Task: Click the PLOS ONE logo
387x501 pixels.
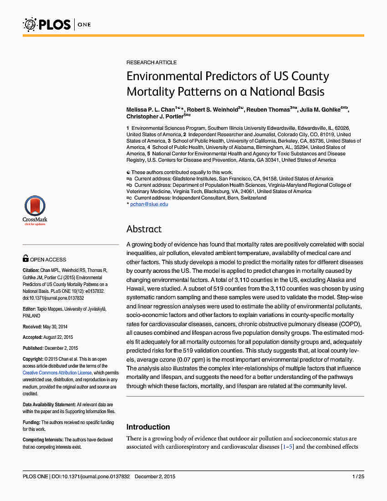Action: pyautogui.click(x=57, y=24)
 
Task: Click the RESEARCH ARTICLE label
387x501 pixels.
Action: pyautogui.click(x=152, y=62)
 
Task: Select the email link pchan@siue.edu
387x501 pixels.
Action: pyautogui.click(x=149, y=204)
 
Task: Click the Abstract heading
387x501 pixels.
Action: pyautogui.click(x=144, y=229)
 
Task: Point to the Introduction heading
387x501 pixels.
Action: pyautogui.click(x=148, y=427)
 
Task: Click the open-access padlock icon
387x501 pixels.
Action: pyautogui.click(x=25, y=259)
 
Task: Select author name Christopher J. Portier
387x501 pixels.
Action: pyautogui.click(x=153, y=117)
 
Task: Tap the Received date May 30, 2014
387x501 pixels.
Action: pyautogui.click(x=54, y=327)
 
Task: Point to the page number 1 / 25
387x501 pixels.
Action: pyautogui.click(x=357, y=476)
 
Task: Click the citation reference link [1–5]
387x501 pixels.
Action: pyautogui.click(x=287, y=447)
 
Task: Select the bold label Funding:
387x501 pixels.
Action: pyautogui.click(x=31, y=423)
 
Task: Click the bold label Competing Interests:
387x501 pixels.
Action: pyautogui.click(x=43, y=440)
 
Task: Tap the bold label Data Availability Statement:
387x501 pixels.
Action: pyautogui.click(x=49, y=404)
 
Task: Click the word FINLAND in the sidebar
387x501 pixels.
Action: pyautogui.click(x=31, y=316)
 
